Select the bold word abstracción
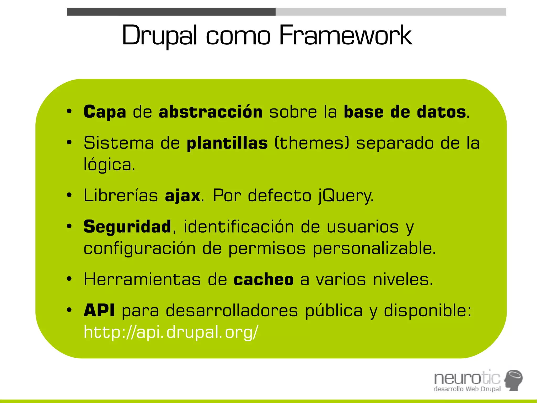tap(211, 112)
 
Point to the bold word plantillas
tap(227, 143)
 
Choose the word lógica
tap(109, 165)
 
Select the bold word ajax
tap(183, 196)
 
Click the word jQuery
tap(346, 196)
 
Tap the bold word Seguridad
tap(127, 227)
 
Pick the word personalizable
tap(374, 248)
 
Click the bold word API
tap(99, 310)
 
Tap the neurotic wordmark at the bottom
tap(467, 378)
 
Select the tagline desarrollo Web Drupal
tap(467, 389)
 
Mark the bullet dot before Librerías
tap(69, 195)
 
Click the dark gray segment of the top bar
tap(171, 12)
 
